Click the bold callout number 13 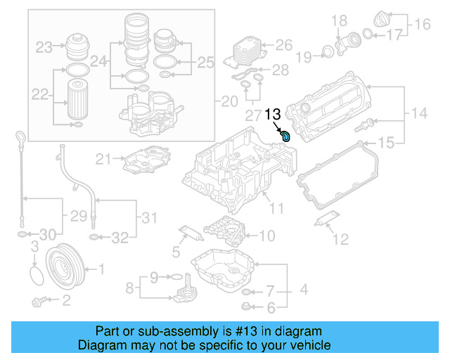(x=273, y=114)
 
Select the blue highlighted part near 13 (x=287, y=134)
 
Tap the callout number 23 (x=44, y=48)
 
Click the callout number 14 (x=419, y=112)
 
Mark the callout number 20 (x=230, y=101)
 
